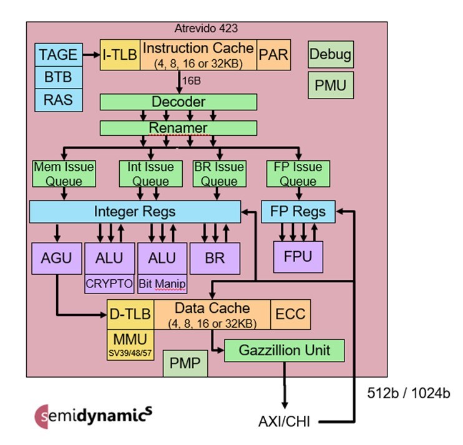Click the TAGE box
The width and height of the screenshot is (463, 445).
pos(57,55)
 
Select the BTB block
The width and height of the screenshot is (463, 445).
pos(57,77)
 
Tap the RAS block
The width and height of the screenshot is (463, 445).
pos(57,98)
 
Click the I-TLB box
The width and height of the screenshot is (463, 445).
pos(120,55)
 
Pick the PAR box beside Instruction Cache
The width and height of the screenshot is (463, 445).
pos(274,55)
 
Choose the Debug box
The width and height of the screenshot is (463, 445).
pos(330,55)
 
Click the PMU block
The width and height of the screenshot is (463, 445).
pos(330,84)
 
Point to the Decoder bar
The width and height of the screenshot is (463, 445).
pos(178,102)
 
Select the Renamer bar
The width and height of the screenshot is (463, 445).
pos(178,128)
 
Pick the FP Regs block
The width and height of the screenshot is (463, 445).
pos(298,211)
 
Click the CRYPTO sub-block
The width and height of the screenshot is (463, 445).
pos(109,284)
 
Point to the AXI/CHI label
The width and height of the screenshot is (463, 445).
pos(285,421)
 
